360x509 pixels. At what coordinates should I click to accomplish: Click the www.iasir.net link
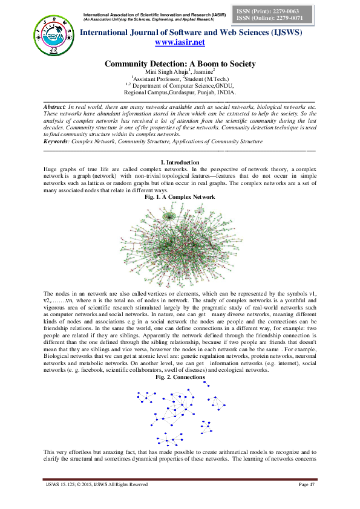(180, 42)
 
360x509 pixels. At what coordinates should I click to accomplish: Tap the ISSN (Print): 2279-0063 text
(275, 11)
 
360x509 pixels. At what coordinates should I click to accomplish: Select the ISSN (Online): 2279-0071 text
(277, 18)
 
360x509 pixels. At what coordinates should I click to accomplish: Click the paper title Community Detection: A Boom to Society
(180, 64)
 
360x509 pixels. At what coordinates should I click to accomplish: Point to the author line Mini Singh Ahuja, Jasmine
(180, 72)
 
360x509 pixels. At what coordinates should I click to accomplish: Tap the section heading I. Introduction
(180, 163)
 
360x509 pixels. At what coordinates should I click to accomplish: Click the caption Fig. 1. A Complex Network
(180, 197)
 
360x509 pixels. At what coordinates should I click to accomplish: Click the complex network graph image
(180, 242)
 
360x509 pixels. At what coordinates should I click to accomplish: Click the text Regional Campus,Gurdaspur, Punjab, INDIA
(180, 92)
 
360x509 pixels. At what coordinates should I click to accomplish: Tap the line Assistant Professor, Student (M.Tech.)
(180, 79)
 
